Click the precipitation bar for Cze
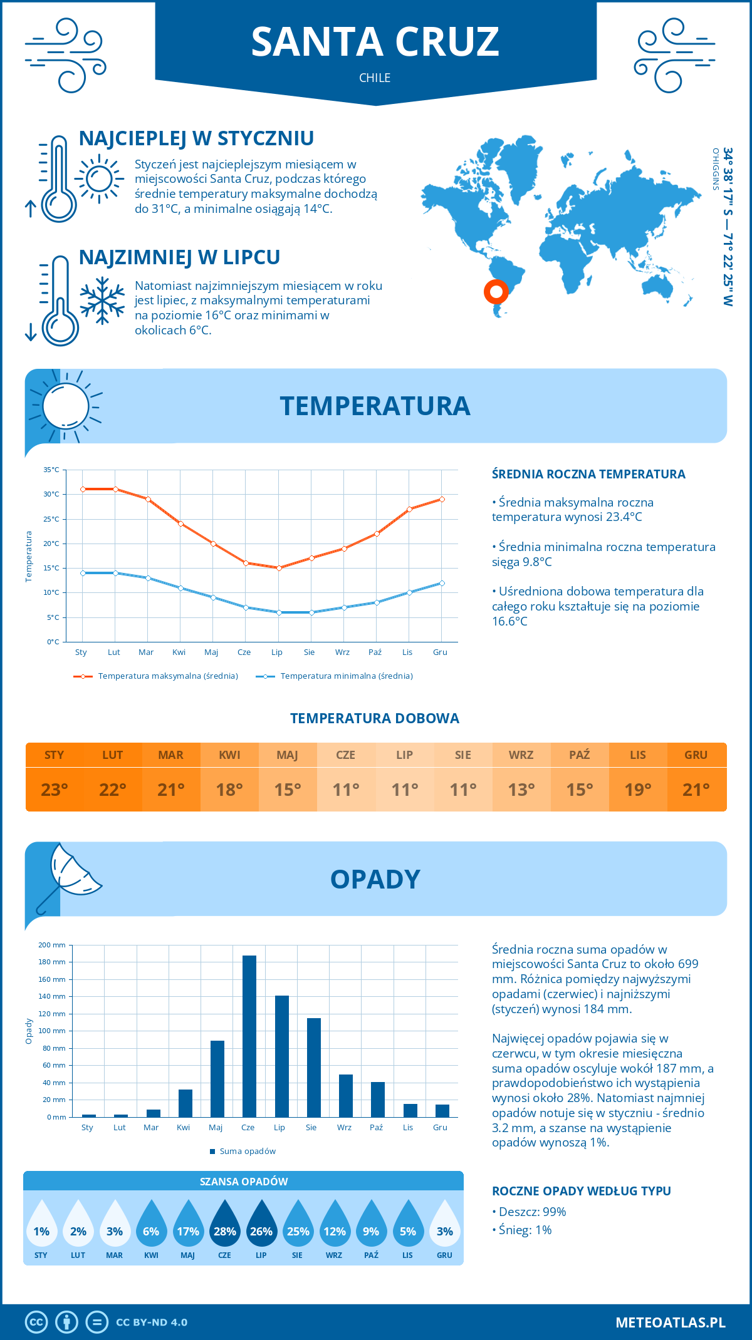[249, 1036]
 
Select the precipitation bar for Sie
[314, 1068]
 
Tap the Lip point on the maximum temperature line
[279, 568]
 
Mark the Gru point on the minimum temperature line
[442, 583]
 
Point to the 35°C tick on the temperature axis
[52, 470]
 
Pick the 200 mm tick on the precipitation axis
[53, 945]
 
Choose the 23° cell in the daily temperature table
[55, 790]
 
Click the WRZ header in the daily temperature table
[521, 755]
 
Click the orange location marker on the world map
[496, 291]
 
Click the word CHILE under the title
[375, 78]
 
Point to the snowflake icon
[102, 301]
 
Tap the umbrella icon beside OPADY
[68, 875]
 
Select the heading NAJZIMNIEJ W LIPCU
[179, 257]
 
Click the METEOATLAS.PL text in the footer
[670, 1322]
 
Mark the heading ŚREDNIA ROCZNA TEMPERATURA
[588, 474]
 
